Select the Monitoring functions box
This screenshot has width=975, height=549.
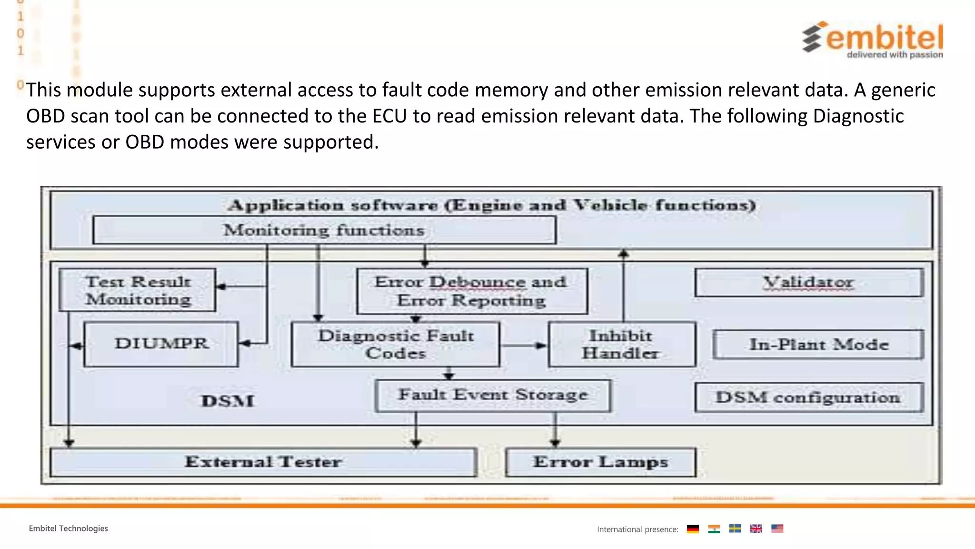(324, 230)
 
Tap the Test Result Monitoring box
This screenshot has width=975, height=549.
(138, 290)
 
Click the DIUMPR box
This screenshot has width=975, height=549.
(161, 344)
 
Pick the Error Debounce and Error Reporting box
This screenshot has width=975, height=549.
(472, 291)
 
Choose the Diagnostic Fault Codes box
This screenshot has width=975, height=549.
(396, 344)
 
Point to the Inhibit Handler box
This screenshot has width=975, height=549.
(621, 344)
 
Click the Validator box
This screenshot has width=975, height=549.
(809, 283)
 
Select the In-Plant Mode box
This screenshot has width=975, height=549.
(818, 344)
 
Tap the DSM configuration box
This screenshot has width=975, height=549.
(809, 397)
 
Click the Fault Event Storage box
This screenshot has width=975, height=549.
(493, 396)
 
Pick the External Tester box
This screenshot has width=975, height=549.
(263, 462)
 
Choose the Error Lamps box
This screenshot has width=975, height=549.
(600, 462)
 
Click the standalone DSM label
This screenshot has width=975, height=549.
(228, 401)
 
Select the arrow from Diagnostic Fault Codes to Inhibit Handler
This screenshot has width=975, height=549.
(524, 345)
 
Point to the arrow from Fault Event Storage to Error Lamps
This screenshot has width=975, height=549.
(555, 429)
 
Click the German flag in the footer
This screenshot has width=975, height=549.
(693, 529)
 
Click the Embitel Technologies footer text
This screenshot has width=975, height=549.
(68, 529)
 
